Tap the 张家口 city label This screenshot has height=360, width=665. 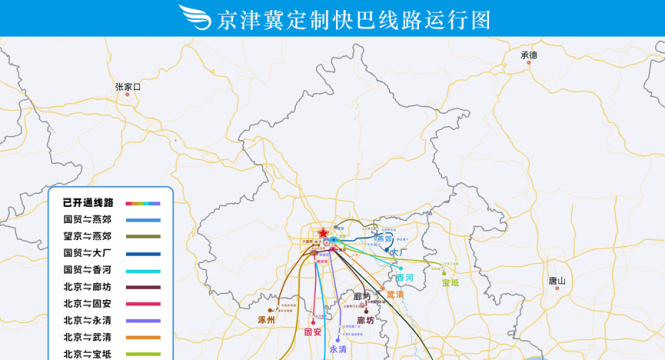(129, 88)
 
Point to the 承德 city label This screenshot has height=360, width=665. (529, 56)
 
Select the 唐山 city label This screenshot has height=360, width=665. (557, 282)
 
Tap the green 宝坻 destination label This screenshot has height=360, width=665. (450, 283)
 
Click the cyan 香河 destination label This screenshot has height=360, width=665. (404, 277)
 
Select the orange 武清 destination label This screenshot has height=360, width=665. (395, 294)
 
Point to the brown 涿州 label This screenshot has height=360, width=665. (266, 320)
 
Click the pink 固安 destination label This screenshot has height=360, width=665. (312, 331)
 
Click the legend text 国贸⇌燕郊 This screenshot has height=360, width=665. (88, 219)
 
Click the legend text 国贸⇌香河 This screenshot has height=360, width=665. (88, 270)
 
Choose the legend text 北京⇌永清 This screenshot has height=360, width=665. (88, 321)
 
